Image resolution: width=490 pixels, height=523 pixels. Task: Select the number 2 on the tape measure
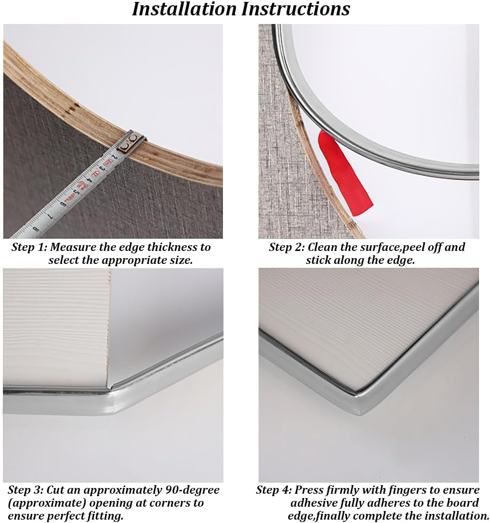(x=114, y=157)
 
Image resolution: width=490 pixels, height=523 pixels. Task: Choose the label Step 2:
(x=286, y=248)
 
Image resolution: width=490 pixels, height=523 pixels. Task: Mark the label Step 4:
(x=274, y=490)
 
